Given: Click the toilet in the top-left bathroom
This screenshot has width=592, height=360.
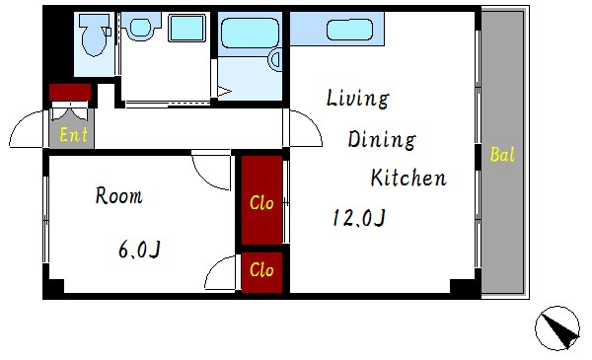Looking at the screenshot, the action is (94, 36).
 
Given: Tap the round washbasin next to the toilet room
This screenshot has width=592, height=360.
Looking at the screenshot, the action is (140, 28).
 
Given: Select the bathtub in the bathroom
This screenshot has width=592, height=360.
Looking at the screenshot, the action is (250, 33).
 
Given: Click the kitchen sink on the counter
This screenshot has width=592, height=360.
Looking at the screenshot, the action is (349, 30).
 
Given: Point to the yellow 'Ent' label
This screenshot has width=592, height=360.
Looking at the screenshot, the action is (74, 135).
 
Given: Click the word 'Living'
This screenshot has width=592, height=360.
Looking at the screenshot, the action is (357, 99).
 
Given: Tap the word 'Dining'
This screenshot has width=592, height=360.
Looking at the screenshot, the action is (382, 140).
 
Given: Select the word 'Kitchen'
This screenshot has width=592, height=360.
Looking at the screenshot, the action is (408, 178).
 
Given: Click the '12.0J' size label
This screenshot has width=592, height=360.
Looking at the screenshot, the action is (359, 218).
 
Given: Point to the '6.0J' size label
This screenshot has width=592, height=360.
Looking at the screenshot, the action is (139, 250).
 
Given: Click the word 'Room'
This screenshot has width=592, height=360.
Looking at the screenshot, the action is (119, 196).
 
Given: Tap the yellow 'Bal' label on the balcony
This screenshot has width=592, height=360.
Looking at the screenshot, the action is (502, 154).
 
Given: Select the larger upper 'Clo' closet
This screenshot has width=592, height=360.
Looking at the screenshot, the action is (261, 200).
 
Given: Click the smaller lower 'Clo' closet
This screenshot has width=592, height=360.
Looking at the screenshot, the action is (261, 272).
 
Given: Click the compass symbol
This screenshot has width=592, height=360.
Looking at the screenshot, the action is (557, 328).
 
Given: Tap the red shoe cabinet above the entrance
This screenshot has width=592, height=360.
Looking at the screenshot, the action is (70, 92).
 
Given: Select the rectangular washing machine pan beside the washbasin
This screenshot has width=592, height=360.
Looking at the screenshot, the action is (186, 28).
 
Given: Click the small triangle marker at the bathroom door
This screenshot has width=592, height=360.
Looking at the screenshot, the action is (224, 92).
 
